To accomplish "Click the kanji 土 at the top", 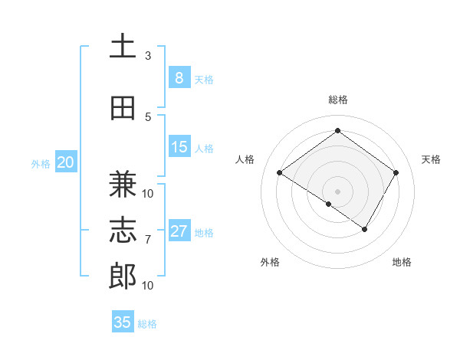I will point(122,46).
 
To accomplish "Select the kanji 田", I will point(122,107).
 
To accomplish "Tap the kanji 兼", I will point(122,184).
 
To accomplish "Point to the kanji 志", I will point(122,231).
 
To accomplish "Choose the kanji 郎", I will point(122,276).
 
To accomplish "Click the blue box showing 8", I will point(179,78).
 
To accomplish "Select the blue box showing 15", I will point(179,147).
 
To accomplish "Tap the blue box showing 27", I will point(179,231).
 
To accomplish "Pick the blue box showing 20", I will point(65,162).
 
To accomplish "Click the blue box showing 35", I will point(123,322).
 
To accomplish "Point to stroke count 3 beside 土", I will point(148,56).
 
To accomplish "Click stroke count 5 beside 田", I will point(148,116).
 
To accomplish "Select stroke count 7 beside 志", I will point(148,239).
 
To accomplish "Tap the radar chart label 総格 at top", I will point(337,100).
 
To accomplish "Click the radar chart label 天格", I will point(431,159).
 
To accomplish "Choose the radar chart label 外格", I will point(270,262).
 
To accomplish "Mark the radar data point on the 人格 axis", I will point(280,173).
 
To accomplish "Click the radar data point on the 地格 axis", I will point(365,229).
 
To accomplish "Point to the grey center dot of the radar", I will point(337,191).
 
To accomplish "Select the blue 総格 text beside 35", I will point(147,324).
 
